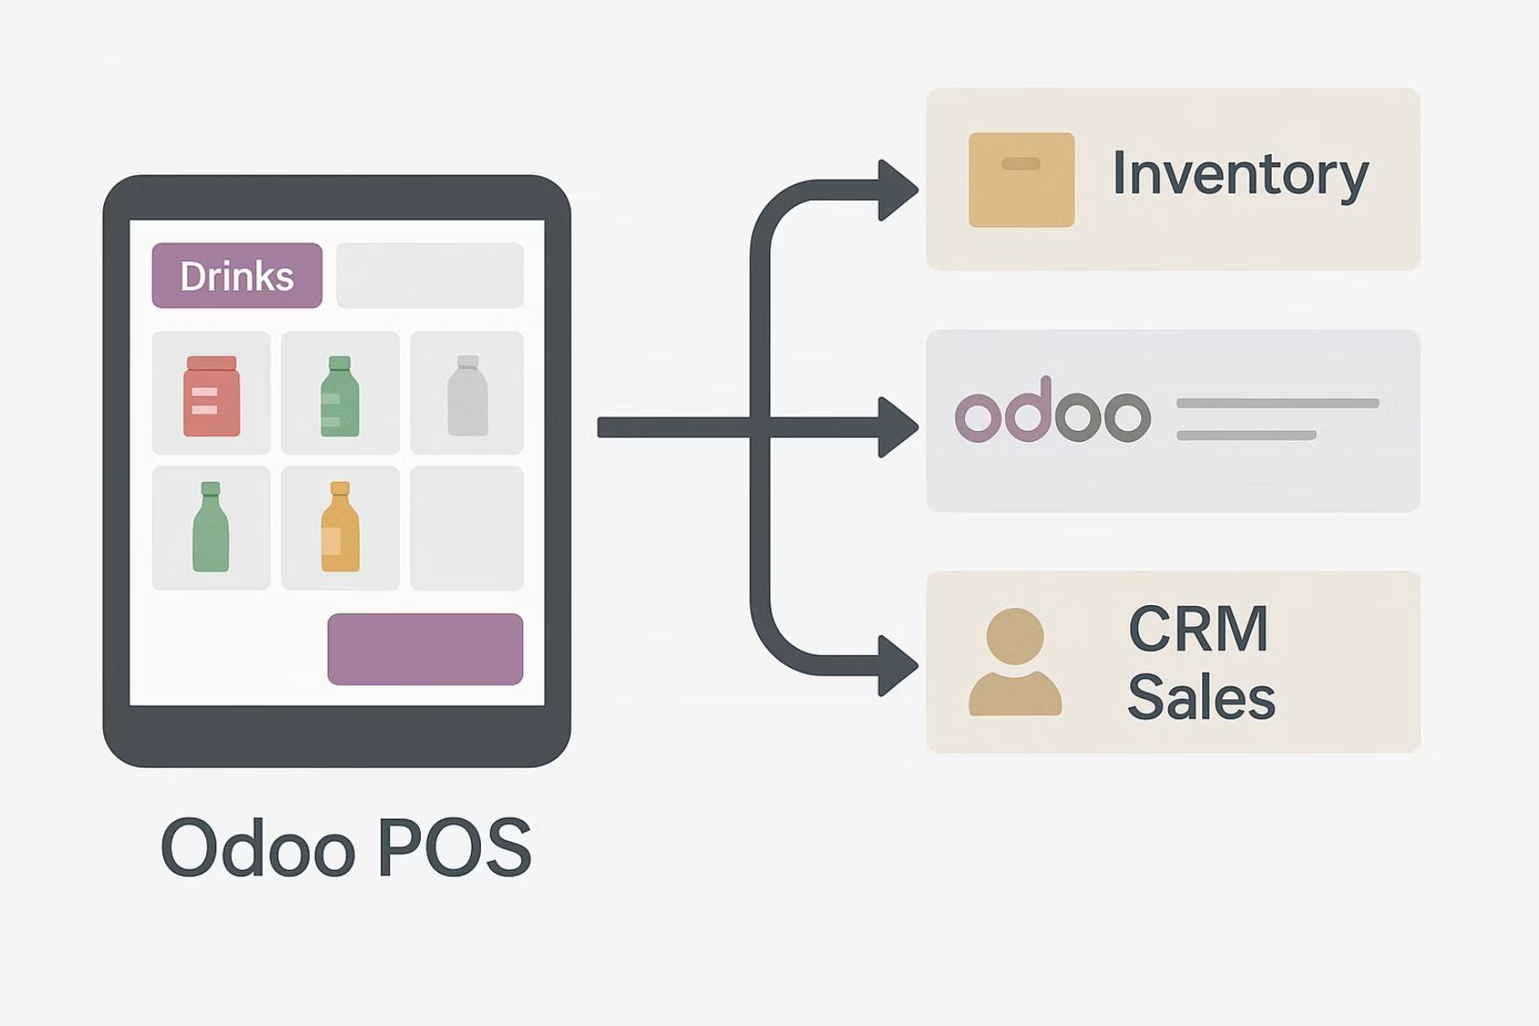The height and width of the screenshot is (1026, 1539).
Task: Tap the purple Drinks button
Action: point(236,276)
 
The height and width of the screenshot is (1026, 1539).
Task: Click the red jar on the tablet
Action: point(212,396)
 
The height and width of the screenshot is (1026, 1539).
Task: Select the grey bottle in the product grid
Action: point(467,396)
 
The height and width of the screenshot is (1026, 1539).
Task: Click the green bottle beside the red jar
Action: point(340,396)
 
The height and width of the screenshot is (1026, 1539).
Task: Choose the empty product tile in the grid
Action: point(466,528)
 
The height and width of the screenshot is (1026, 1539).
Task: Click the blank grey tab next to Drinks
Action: point(429,276)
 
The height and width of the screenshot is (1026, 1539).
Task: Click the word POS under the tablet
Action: point(454,848)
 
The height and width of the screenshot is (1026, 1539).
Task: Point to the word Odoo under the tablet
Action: point(257,848)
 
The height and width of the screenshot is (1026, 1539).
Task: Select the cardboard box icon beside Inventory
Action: point(1021,180)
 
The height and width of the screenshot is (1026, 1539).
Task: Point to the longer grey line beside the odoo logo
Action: point(1277,403)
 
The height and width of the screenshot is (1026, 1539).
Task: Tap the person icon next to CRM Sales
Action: point(1015,662)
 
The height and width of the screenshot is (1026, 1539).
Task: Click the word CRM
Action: point(1198,629)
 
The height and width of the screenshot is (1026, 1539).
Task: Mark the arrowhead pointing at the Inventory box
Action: point(896,190)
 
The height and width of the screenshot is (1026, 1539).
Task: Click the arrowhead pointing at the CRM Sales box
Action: point(896,665)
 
